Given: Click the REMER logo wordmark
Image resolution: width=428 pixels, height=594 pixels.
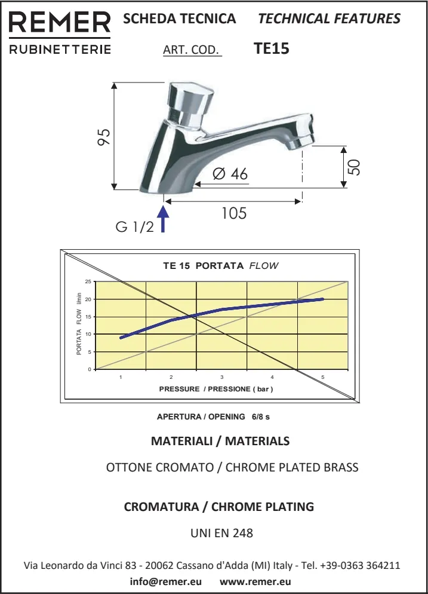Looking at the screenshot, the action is [x=60, y=22].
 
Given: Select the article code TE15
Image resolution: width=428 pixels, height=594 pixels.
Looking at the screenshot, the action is [x=272, y=48].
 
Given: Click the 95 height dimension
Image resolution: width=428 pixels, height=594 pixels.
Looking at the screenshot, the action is [x=104, y=137].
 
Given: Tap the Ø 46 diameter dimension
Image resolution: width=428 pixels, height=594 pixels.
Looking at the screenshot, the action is [x=230, y=174].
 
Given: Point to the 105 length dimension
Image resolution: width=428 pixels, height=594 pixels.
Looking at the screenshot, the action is [x=234, y=213].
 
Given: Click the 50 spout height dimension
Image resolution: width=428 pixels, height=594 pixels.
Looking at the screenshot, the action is [x=354, y=167].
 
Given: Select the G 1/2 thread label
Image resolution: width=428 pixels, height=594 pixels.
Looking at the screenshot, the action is [x=135, y=227].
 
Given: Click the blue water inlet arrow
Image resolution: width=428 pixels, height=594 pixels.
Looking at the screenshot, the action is [x=163, y=219].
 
